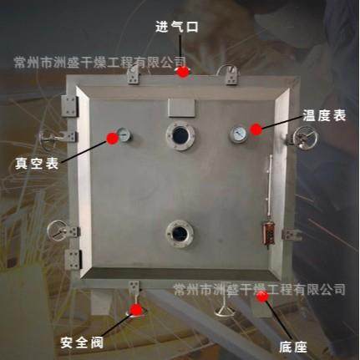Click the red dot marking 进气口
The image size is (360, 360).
[x=183, y=72]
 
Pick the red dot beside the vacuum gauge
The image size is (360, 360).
[x=111, y=139]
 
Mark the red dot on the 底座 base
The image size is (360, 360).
[x=262, y=296]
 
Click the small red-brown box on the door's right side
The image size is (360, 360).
[x=268, y=232]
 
